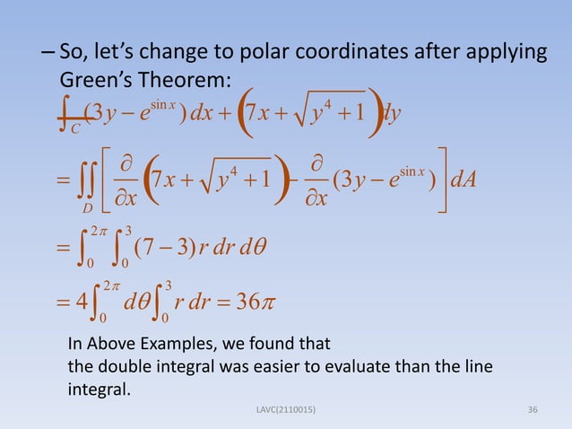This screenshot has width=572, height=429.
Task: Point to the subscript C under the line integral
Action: (75, 128)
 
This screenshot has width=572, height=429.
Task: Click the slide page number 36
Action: (533, 410)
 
